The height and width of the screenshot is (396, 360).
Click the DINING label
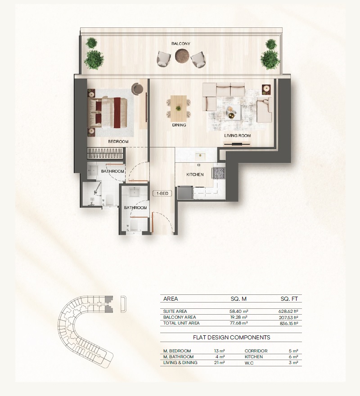coord(179,125)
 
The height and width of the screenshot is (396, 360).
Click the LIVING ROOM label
coord(238,135)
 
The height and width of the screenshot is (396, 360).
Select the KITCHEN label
coord(195,174)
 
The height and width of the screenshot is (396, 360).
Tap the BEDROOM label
coord(118,142)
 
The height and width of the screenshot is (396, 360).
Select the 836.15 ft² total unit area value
coord(288,323)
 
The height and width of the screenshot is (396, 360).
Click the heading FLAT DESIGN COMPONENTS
coord(231,337)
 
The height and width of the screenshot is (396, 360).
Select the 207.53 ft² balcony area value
coord(288,317)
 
